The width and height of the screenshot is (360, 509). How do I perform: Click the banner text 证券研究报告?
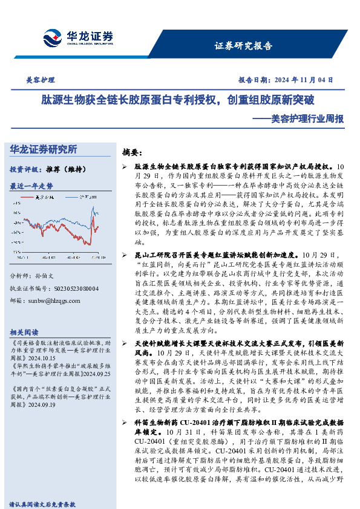coord(243,46)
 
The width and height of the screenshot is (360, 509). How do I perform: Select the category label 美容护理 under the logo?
coord(41,80)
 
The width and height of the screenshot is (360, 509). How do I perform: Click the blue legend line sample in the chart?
coord(73,197)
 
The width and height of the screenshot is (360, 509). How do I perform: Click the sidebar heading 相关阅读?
coord(24,333)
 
